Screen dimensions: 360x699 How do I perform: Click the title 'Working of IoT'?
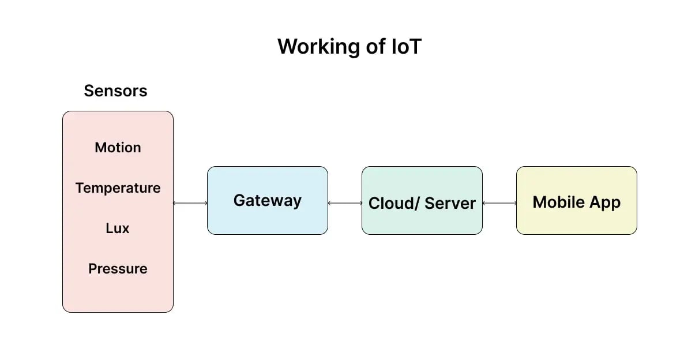pyautogui.click(x=349, y=47)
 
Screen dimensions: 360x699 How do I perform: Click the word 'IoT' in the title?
pyautogui.click(x=406, y=47)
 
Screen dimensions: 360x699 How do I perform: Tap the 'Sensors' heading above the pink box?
pyautogui.click(x=115, y=91)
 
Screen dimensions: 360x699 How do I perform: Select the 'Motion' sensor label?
pyautogui.click(x=118, y=148)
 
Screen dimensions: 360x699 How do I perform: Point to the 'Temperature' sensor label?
pyautogui.click(x=118, y=188)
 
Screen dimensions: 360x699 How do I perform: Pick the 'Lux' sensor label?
pyautogui.click(x=118, y=228)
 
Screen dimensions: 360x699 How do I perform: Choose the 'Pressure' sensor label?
pyautogui.click(x=118, y=269)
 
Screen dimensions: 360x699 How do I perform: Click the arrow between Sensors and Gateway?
pyautogui.click(x=190, y=203)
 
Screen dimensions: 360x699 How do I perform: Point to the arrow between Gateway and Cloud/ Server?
pyautogui.click(x=345, y=203)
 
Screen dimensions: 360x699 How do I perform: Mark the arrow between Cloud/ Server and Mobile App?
pyautogui.click(x=499, y=203)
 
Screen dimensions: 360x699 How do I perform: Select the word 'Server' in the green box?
pyautogui.click(x=450, y=204)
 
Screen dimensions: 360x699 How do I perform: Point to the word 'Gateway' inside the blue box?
pyautogui.click(x=267, y=201)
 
